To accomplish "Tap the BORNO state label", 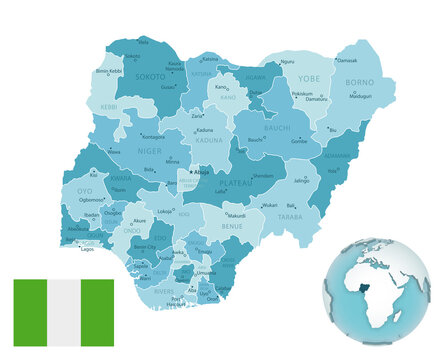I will [358, 84].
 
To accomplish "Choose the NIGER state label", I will [149, 151].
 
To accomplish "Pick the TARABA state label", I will [290, 215].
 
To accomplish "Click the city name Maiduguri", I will [359, 97].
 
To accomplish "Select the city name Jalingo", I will [301, 181].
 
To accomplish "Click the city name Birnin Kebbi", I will [110, 72].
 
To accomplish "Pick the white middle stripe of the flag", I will [63, 312].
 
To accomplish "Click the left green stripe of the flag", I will [30, 312].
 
